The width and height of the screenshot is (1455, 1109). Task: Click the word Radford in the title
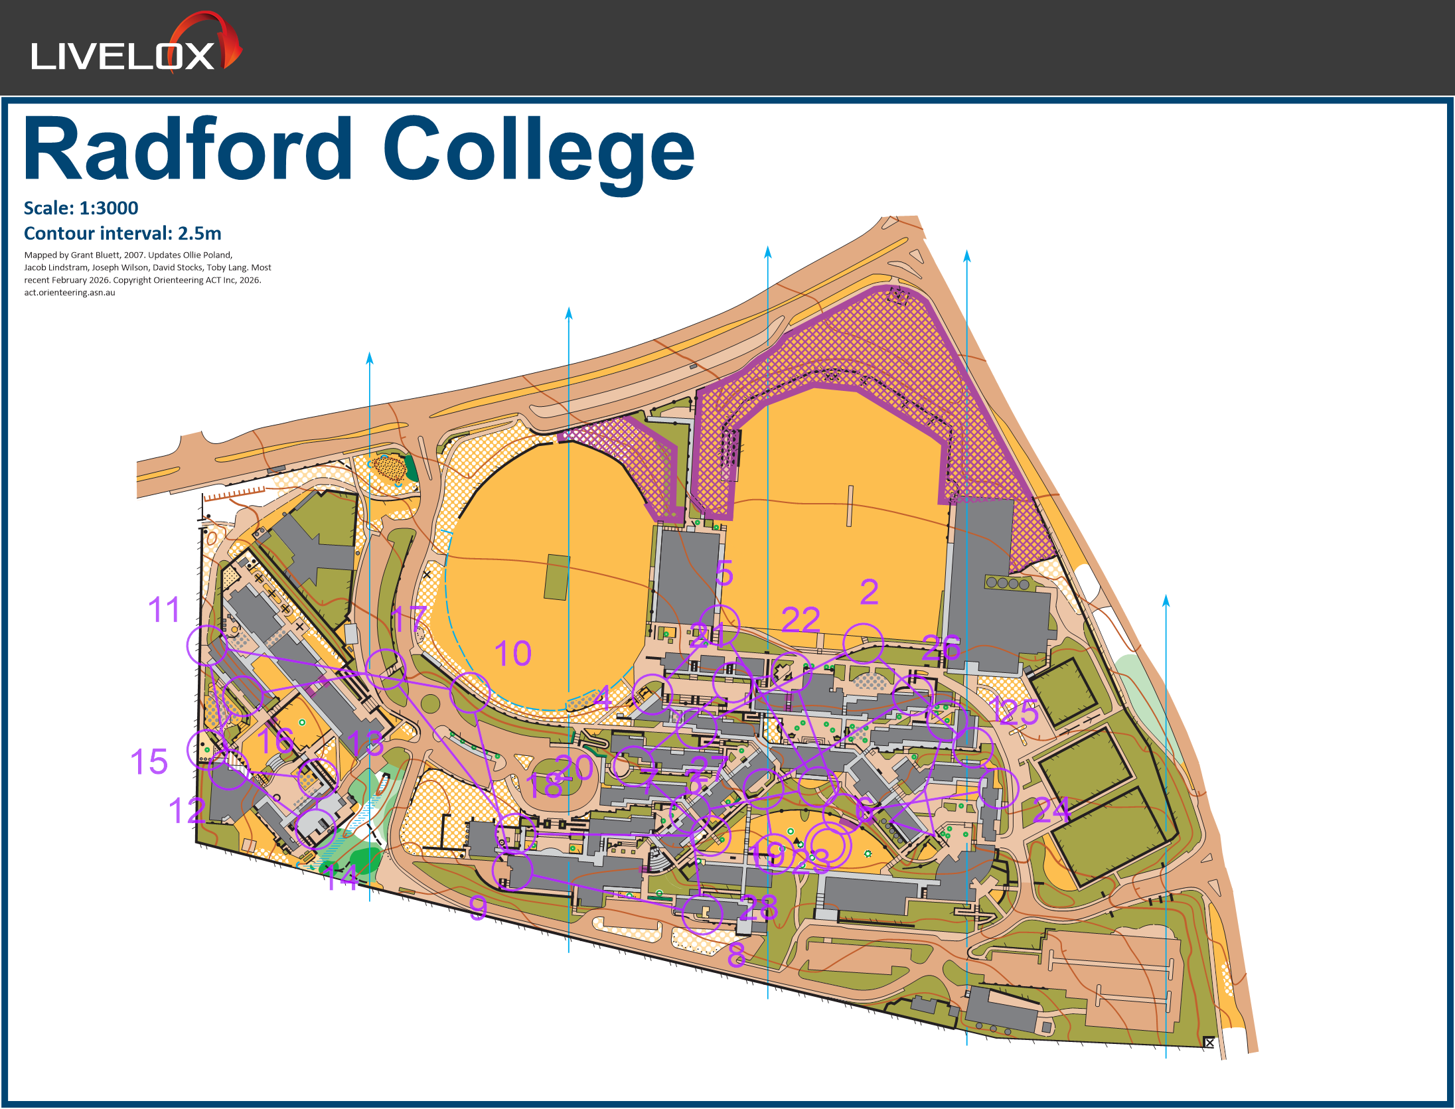188,149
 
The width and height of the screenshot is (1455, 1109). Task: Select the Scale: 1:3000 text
81,208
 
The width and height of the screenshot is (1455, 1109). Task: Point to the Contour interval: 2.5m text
122,234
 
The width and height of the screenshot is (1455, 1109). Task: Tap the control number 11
164,610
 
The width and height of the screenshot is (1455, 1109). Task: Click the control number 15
149,762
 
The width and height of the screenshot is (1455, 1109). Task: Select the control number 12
187,811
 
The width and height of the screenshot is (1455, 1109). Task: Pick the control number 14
341,877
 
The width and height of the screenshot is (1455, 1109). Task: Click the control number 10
512,654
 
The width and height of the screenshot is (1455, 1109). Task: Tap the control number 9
478,908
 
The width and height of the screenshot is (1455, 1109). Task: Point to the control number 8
736,955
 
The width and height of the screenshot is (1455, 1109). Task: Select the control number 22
801,621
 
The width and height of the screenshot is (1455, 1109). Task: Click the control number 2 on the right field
869,592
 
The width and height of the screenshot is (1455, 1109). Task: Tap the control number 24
1051,810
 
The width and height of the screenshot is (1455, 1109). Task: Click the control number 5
724,573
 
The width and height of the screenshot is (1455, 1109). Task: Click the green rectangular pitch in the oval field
556,577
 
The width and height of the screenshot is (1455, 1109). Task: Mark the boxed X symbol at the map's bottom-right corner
1209,1043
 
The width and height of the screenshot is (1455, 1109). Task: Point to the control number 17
408,619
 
